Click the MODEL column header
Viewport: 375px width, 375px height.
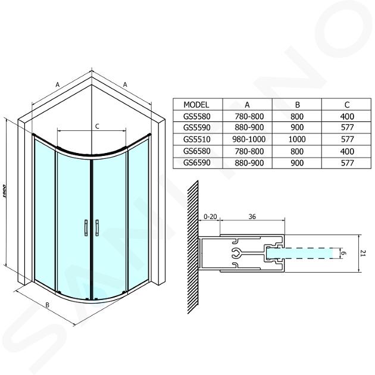[x=196, y=105]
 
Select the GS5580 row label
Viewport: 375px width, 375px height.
[x=197, y=116]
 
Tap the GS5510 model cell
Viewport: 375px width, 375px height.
[x=197, y=139]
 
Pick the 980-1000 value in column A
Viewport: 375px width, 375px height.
[x=249, y=139]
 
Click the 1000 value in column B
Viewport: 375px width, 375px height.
[x=297, y=139]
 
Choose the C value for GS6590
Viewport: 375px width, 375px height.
[x=347, y=163]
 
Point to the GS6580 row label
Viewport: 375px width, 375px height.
[x=197, y=151]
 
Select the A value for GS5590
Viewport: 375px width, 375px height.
[x=249, y=127]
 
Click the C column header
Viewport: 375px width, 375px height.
[x=347, y=105]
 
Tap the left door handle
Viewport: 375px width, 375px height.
[x=86, y=228]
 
